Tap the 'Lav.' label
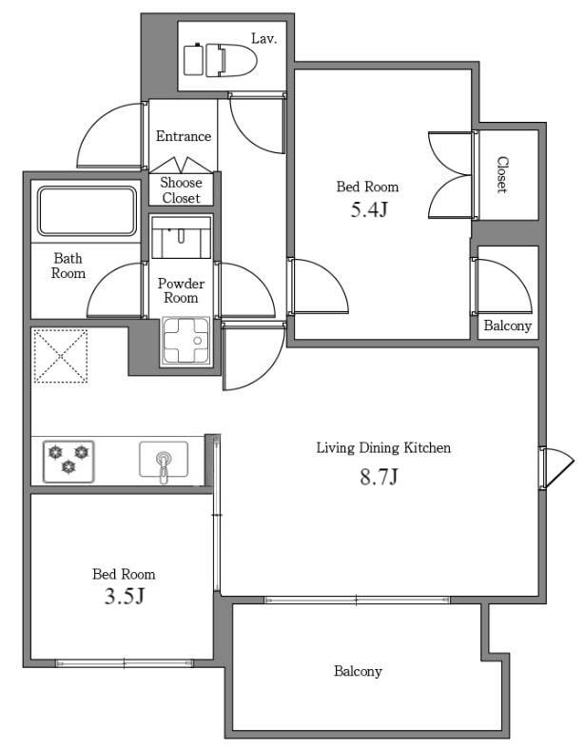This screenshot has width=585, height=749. point(263,38)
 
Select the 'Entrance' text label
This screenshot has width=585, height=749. point(183,136)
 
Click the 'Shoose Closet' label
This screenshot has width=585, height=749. point(181,190)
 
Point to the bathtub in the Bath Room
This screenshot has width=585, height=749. point(87,210)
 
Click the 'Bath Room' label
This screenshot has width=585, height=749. point(68,266)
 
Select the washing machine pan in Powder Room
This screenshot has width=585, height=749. point(185,340)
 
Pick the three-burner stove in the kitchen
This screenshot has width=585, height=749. point(68,458)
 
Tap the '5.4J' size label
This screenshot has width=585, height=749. point(367,210)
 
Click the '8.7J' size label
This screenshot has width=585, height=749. point(378,477)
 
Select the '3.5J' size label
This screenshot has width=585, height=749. point(124,597)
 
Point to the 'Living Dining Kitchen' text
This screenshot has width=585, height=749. point(382,447)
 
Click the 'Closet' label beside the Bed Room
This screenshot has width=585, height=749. point(501,175)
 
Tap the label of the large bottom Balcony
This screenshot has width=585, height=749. point(358,671)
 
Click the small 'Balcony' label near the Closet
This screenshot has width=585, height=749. point(507,325)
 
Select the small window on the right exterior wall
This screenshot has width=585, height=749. point(556,468)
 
